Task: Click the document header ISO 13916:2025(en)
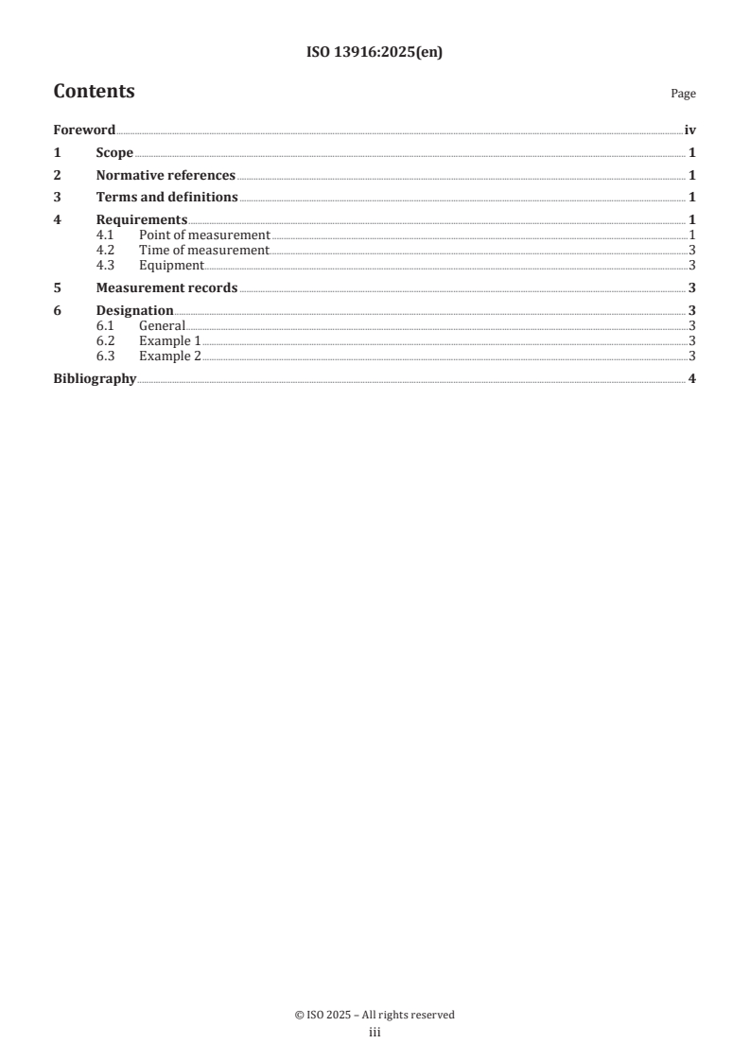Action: point(375,53)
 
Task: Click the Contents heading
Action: point(94,92)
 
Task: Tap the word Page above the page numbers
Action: point(683,95)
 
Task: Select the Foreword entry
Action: point(84,130)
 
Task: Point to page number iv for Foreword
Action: point(689,130)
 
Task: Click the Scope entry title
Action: point(114,153)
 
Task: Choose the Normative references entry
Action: point(166,176)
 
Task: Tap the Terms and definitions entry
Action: point(166,198)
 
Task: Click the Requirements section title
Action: point(142,220)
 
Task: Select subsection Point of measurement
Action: point(204,235)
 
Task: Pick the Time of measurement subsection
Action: point(203,250)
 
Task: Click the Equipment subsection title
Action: point(170,266)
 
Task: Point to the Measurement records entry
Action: point(166,288)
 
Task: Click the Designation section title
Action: point(134,311)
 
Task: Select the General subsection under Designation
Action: point(162,325)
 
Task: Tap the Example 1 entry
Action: point(169,340)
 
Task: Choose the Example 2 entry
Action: point(169,357)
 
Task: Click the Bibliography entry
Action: point(95,379)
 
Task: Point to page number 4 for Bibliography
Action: point(692,379)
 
